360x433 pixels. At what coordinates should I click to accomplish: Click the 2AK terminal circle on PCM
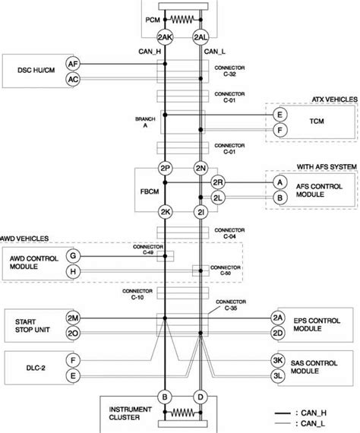tap(165, 37)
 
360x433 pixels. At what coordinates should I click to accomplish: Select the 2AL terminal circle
tap(201, 37)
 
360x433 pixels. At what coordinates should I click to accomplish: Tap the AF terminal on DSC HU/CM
tap(73, 64)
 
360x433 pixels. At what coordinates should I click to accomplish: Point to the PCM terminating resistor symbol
tap(182, 20)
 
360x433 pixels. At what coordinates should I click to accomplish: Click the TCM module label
tap(317, 121)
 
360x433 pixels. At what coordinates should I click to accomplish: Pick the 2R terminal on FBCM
tap(218, 182)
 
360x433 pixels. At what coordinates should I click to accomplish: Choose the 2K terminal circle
tap(165, 212)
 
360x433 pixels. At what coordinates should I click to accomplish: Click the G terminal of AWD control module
tap(73, 256)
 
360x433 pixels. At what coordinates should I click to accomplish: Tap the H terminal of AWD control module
tap(73, 271)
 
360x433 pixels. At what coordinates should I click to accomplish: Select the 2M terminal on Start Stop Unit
tap(73, 318)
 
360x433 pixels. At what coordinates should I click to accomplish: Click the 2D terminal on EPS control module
tap(278, 333)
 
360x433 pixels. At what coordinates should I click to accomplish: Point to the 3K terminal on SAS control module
tap(278, 360)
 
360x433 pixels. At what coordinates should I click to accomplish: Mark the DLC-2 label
tap(36, 368)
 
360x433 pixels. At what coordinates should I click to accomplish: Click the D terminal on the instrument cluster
tap(201, 397)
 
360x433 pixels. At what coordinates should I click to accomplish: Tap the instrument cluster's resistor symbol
tap(182, 412)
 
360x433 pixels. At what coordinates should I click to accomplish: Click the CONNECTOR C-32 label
tap(229, 71)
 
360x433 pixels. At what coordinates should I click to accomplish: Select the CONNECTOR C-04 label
tap(229, 233)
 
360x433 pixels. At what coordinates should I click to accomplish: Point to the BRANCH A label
tap(145, 122)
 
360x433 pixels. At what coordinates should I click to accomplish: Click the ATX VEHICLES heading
tap(335, 100)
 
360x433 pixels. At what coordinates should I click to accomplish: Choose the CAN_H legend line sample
tap(283, 413)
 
